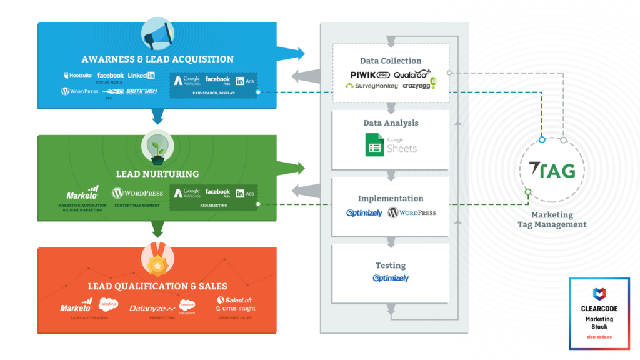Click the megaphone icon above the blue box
tap(157, 33)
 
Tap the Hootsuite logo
tap(78, 75)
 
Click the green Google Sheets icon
tap(374, 144)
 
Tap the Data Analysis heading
tap(391, 123)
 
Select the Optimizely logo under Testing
tap(391, 278)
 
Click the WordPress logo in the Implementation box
tap(412, 213)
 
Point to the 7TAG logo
tap(552, 169)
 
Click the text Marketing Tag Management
tap(552, 219)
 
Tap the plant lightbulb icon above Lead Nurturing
tap(157, 147)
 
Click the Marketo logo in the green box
tap(82, 194)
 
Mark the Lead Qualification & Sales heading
tap(157, 286)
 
